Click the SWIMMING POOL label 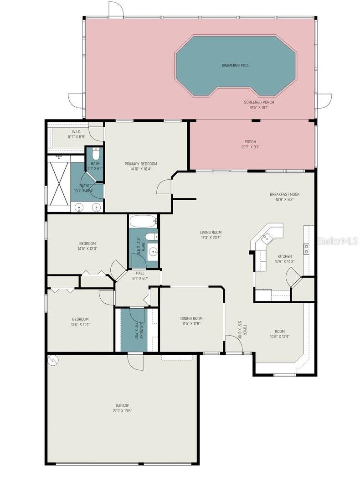(x=235, y=66)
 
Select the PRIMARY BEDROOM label (x=141, y=164)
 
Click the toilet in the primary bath (x=95, y=154)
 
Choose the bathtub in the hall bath (x=143, y=222)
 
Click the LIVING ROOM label (x=211, y=232)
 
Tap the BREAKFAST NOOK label (x=284, y=194)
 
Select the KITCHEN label (x=284, y=256)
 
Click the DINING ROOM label (x=191, y=319)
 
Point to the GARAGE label (x=122, y=405)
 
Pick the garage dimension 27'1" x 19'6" (x=122, y=411)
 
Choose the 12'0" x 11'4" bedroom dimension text (x=80, y=325)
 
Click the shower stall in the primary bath (x=58, y=182)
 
